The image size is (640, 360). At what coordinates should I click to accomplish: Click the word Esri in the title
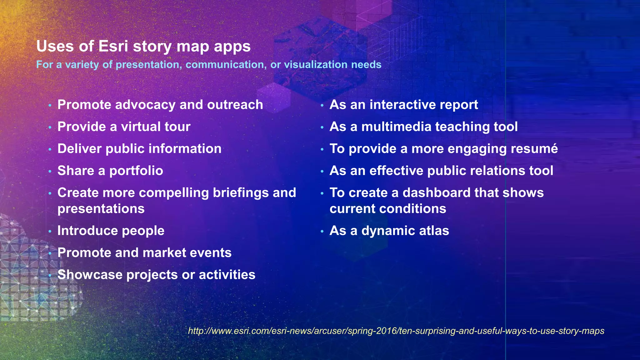pyautogui.click(x=113, y=46)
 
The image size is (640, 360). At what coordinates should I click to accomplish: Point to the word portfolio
pyautogui.click(x=136, y=171)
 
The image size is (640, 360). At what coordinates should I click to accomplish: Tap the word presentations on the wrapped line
pyautogui.click(x=101, y=209)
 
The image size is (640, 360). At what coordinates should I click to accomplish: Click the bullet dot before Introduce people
pyautogui.click(x=50, y=232)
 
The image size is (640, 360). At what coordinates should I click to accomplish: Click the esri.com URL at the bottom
pyautogui.click(x=396, y=331)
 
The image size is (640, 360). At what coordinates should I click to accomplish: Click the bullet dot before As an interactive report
pyautogui.click(x=322, y=106)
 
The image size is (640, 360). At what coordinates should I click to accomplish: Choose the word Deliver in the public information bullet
pyautogui.click(x=79, y=149)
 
